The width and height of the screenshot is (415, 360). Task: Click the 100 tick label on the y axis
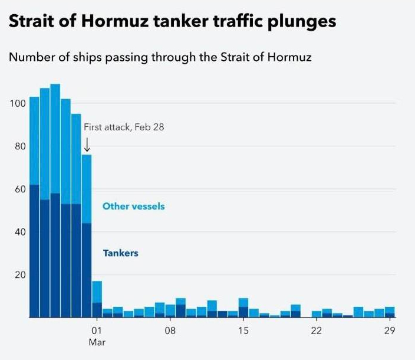click(18, 104)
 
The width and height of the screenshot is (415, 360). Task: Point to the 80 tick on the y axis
click(20, 146)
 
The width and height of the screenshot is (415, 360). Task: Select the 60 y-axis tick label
click(20, 189)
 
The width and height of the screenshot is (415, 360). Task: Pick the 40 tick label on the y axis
click(20, 232)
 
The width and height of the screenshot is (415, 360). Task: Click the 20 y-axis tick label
click(20, 275)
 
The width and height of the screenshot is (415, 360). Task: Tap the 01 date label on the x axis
click(97, 330)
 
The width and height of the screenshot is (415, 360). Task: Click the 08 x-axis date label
click(170, 330)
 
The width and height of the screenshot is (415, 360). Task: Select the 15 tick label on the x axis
click(243, 330)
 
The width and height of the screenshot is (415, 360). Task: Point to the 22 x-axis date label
click(317, 330)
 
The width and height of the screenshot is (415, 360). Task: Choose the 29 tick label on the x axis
click(390, 330)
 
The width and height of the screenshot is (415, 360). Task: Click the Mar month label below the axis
click(97, 342)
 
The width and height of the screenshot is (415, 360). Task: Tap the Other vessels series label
click(133, 207)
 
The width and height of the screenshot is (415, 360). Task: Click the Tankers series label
click(120, 253)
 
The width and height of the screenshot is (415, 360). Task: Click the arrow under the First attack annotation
click(87, 145)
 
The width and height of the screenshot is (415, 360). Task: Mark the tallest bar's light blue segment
click(55, 138)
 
